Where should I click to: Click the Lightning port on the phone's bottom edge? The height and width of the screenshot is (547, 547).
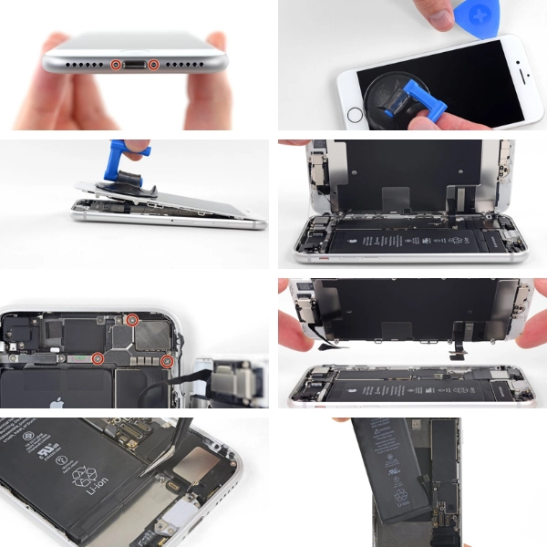pos(135,65)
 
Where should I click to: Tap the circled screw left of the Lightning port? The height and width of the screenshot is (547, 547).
pos(116,65)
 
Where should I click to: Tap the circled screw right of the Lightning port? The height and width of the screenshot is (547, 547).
pos(154,65)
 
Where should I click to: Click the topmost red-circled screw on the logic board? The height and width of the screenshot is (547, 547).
pos(131,319)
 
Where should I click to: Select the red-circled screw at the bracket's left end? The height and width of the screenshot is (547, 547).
pos(98,358)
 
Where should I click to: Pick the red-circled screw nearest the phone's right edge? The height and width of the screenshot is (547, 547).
pos(167,362)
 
